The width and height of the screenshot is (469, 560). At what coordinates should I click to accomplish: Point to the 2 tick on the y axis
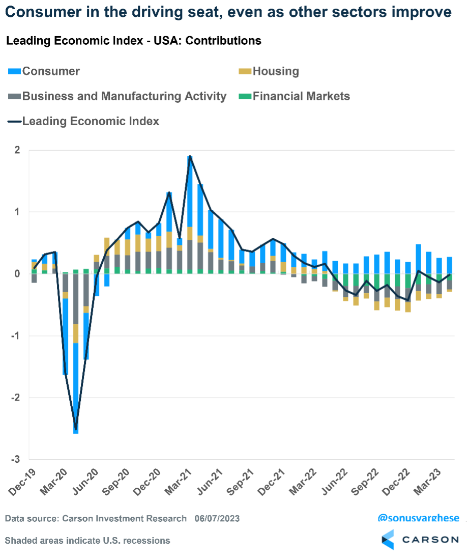[x=17, y=150]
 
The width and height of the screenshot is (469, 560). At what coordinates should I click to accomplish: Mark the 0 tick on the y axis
[x=17, y=274]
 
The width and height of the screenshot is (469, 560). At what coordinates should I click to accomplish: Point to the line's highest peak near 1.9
[x=190, y=156]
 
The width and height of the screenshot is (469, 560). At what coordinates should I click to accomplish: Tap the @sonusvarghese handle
[x=418, y=518]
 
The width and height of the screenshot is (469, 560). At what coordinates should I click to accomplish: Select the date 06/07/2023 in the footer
[x=217, y=519]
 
